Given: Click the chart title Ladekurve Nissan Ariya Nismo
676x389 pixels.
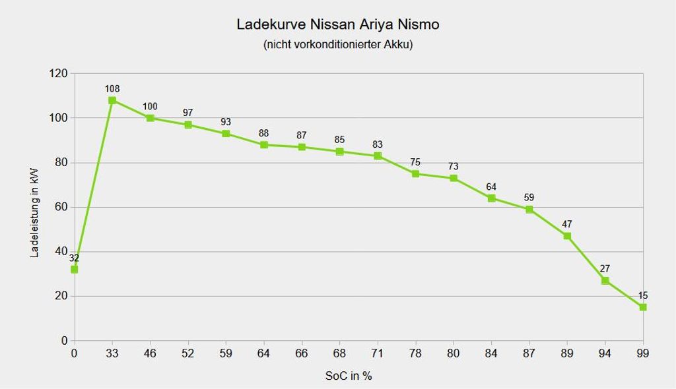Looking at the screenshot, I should coord(337,24).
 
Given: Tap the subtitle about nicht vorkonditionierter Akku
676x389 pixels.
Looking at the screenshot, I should coord(337,45).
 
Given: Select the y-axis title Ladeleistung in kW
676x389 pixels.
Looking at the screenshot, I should coord(34,212).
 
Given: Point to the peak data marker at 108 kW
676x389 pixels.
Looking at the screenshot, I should coord(112,100).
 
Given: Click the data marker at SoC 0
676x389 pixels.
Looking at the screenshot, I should coord(74,269).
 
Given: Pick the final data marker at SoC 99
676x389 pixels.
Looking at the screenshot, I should coord(643,307).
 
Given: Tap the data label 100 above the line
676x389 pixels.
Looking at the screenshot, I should coord(150,107).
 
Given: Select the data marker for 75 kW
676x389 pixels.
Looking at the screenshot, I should coord(415,173).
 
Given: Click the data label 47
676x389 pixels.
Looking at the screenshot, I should coord(567,224).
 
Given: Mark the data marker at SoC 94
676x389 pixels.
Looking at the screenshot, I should coord(605,280).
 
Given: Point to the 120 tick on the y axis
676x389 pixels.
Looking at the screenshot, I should coord(59,73).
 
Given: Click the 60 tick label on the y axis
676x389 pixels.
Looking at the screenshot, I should coord(61,207).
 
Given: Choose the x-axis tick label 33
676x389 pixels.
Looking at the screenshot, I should coord(112,353).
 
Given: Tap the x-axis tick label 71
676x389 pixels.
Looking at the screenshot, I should coord(378,353).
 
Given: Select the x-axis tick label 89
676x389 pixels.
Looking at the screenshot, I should coord(567,353).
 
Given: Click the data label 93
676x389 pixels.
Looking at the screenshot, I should coord(226,122).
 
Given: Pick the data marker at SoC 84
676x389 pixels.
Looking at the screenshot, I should coord(491,198).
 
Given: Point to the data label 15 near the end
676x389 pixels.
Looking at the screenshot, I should coord(643,296).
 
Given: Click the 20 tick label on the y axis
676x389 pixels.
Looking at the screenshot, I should coord(61,296).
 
